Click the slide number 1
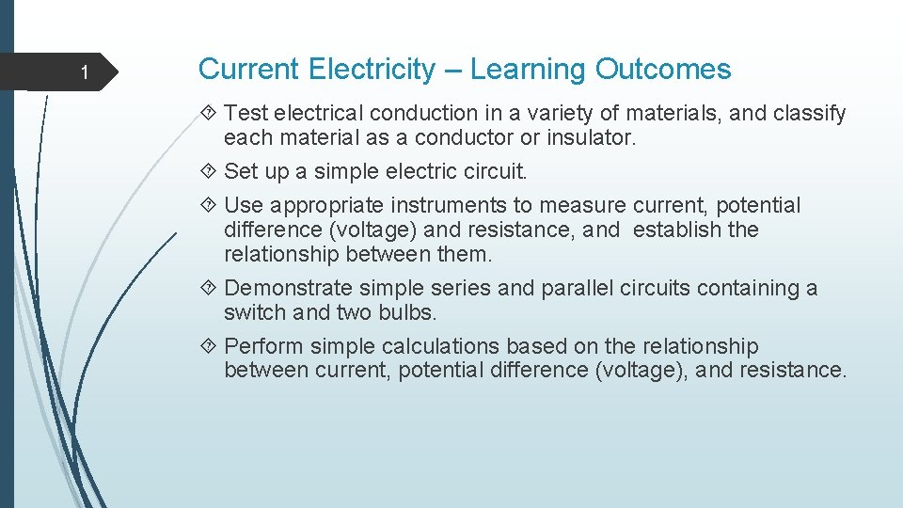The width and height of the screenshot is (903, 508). pos(84,73)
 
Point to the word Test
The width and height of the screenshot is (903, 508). pos(246,114)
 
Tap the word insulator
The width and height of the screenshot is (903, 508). pos(590,138)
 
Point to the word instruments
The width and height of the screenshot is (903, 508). pos(444,205)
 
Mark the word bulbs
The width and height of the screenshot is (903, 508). pos(410,312)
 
